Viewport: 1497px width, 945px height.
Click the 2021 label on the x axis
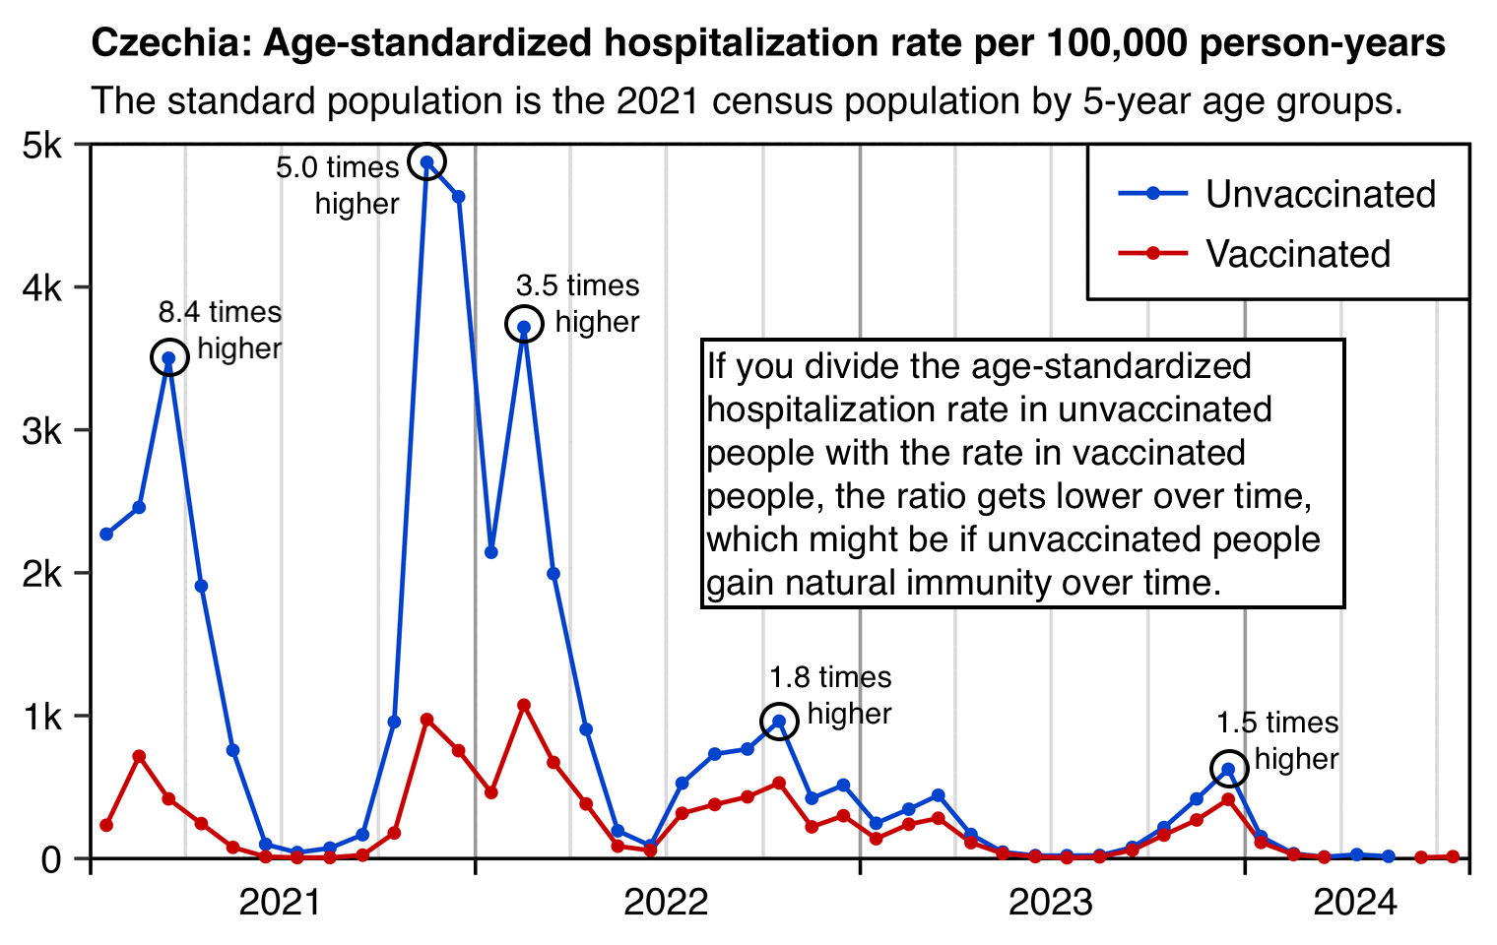pos(281,902)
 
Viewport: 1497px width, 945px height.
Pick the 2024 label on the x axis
pos(1355,902)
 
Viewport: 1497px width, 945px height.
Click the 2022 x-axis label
pos(666,902)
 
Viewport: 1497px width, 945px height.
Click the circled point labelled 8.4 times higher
pos(169,358)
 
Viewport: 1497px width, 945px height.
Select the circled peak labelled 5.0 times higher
pos(427,162)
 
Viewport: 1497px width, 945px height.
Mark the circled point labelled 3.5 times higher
pos(524,326)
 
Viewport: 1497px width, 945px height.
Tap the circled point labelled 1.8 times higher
pos(779,722)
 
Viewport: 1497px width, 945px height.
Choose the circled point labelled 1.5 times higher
pos(1228,770)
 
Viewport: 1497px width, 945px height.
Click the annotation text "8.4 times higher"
pos(221,330)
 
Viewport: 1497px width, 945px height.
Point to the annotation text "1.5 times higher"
pos(1277,740)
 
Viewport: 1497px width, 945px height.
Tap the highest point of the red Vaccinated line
pos(524,705)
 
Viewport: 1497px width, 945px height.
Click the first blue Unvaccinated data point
pos(106,535)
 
